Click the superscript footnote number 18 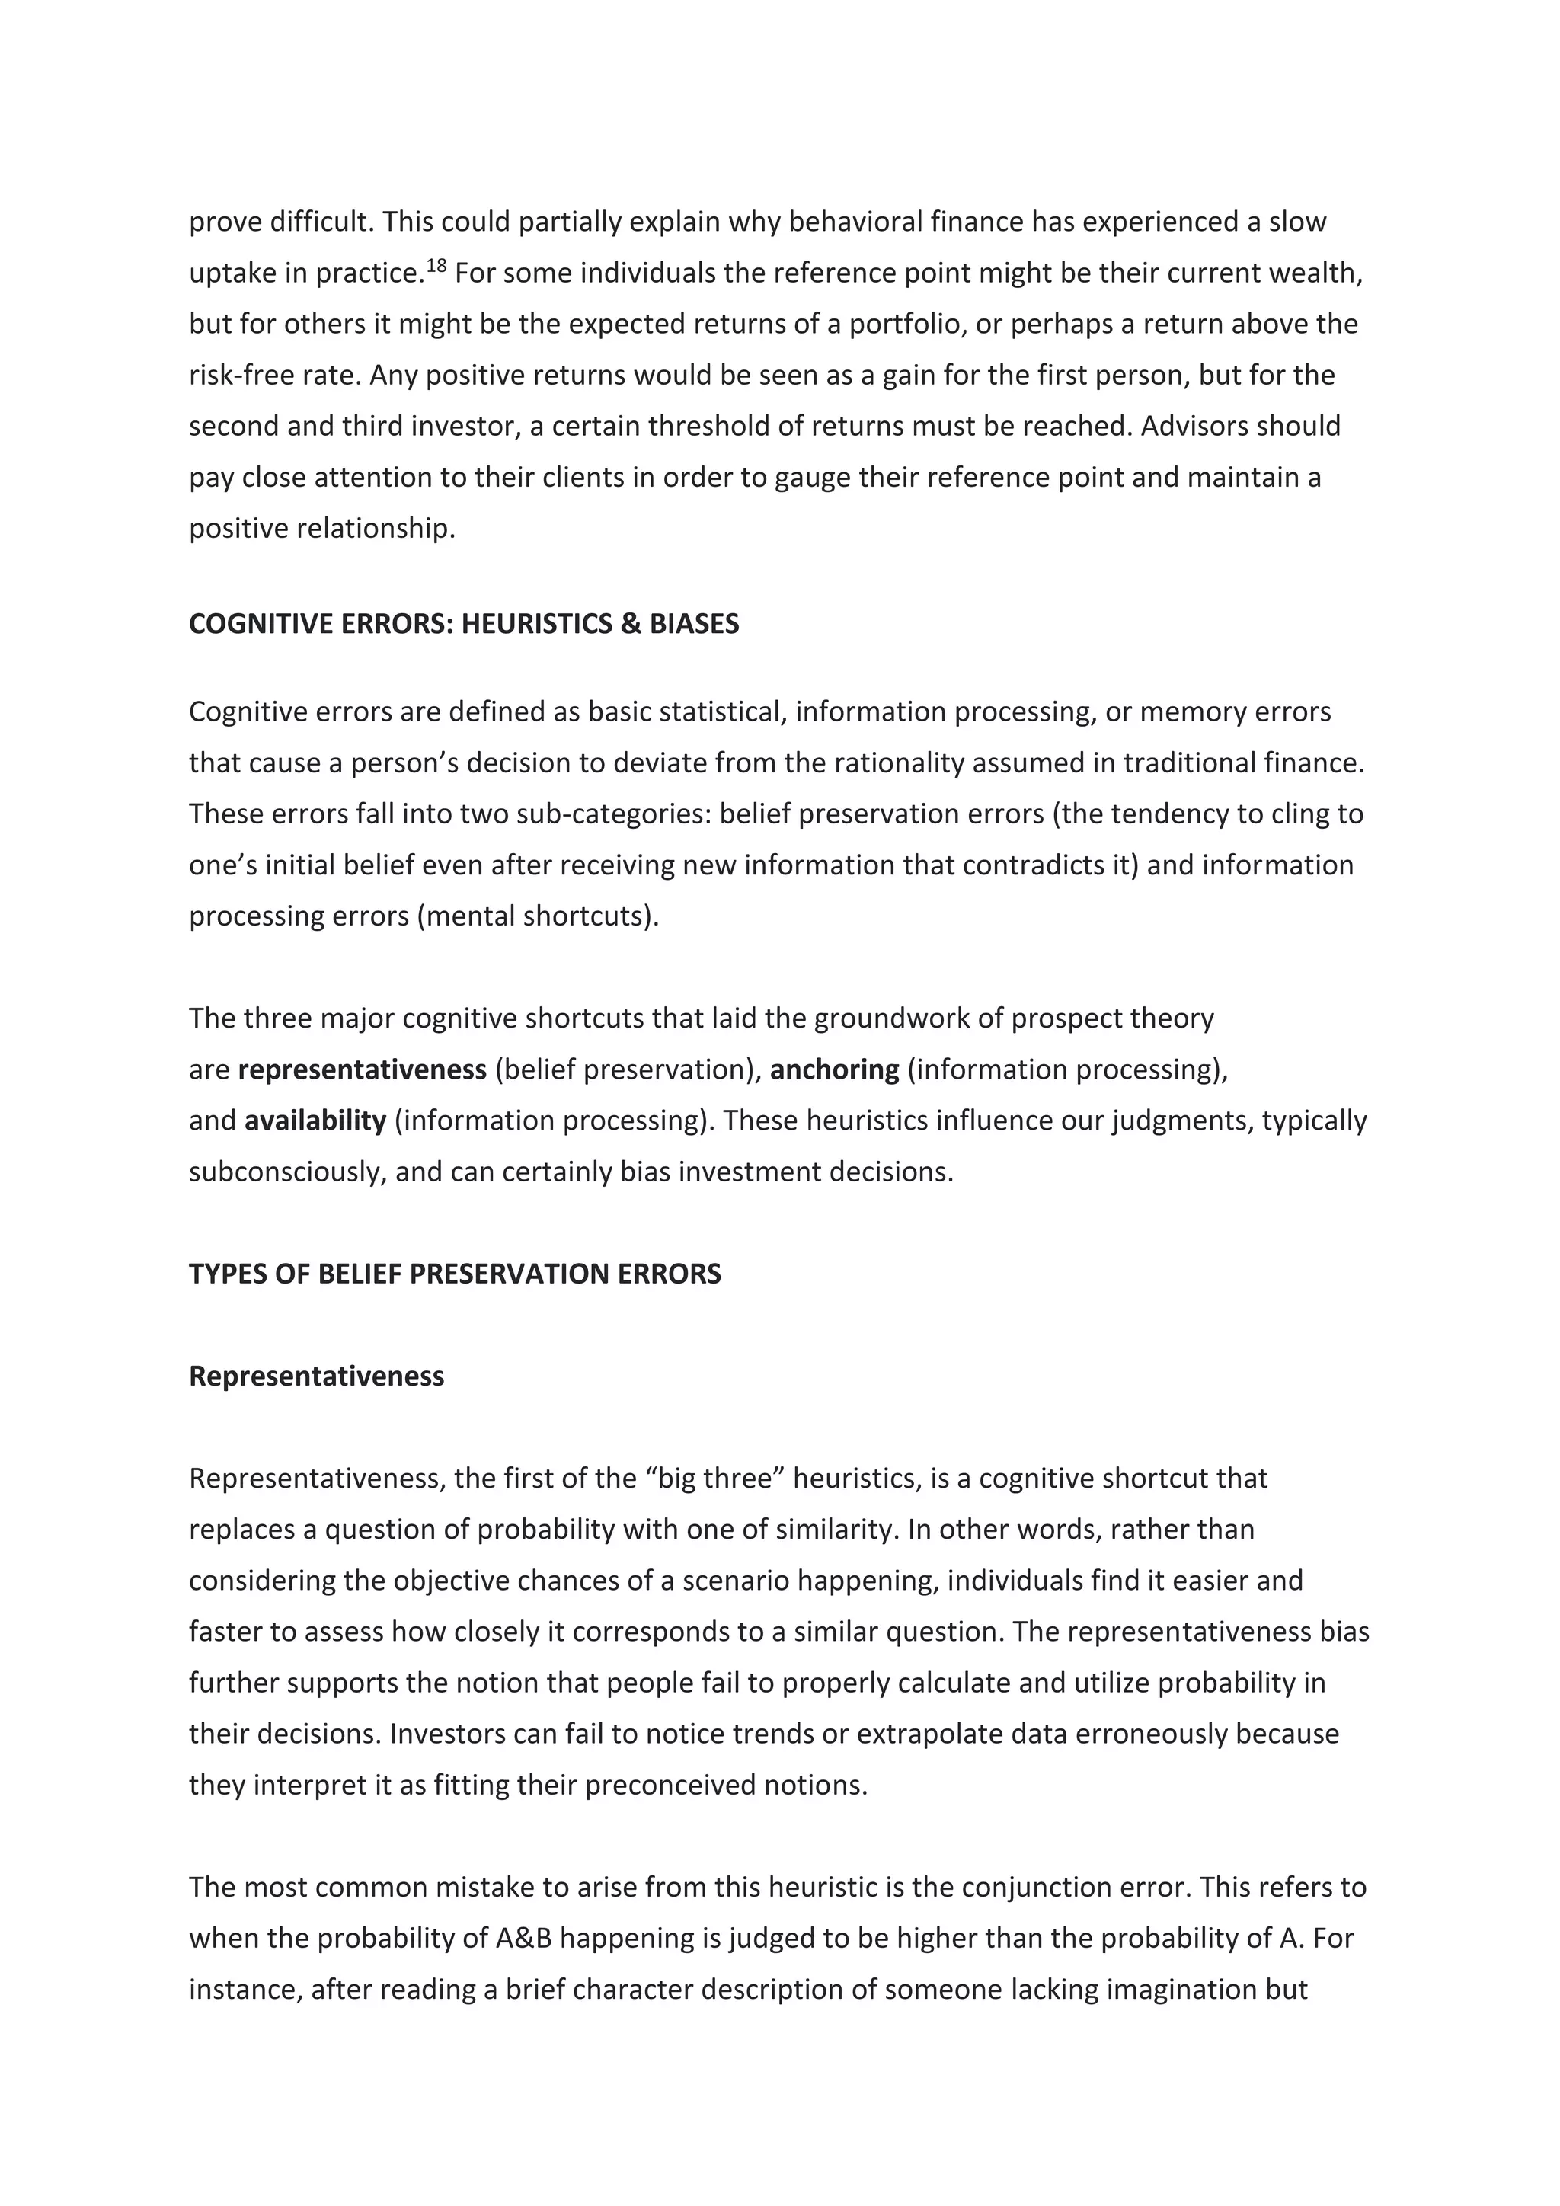[436, 265]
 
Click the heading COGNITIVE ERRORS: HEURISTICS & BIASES [464, 625]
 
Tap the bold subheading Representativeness [316, 1376]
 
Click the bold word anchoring [834, 1069]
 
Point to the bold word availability [315, 1121]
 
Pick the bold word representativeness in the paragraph [362, 1069]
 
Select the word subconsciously [287, 1172]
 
